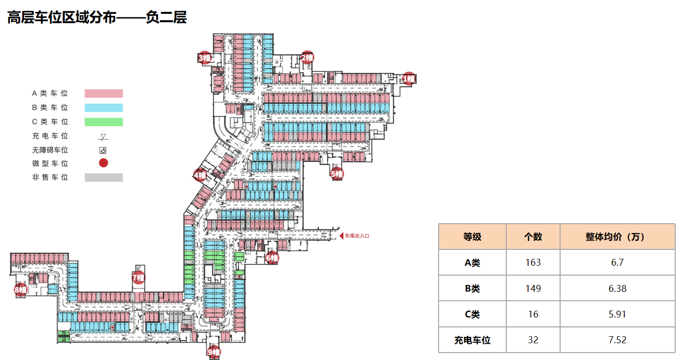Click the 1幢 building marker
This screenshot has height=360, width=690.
click(x=408, y=79)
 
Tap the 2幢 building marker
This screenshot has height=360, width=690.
click(x=307, y=57)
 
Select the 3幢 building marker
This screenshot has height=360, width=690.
click(x=205, y=58)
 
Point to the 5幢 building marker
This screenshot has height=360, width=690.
click(x=337, y=174)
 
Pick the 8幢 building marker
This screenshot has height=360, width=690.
click(x=20, y=290)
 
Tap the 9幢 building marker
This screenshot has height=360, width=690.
click(x=213, y=352)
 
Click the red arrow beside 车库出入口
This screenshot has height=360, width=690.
click(x=341, y=236)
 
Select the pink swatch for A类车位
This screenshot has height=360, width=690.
click(x=104, y=93)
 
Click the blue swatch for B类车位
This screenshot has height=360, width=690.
click(x=104, y=108)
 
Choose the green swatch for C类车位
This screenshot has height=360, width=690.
click(x=104, y=121)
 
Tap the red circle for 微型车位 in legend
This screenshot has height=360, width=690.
click(x=104, y=163)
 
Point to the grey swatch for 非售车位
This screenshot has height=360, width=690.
click(x=104, y=177)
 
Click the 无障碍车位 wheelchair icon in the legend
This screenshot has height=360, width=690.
click(x=104, y=150)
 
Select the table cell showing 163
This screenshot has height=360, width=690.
click(x=533, y=262)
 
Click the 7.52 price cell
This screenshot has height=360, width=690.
click(x=617, y=340)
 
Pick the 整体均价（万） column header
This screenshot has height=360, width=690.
click(x=617, y=237)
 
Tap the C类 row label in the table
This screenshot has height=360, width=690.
click(x=472, y=314)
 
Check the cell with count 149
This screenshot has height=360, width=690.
click(x=533, y=288)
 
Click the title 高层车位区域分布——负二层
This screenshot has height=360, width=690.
click(x=97, y=18)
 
